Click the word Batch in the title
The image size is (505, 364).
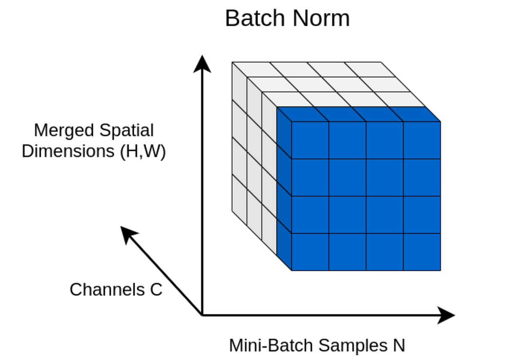[x=255, y=19]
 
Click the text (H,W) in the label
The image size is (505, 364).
[x=143, y=151]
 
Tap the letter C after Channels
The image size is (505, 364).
[x=156, y=290]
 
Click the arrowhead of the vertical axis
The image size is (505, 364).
[x=202, y=64]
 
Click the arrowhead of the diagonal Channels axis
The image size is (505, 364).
[x=128, y=234]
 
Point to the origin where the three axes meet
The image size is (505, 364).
[x=202, y=315]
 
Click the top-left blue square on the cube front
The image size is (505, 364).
[x=310, y=140]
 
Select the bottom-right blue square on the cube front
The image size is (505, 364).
[x=422, y=252]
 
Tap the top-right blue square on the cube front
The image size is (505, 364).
[x=422, y=140]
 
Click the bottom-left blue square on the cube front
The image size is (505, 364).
[x=310, y=252]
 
